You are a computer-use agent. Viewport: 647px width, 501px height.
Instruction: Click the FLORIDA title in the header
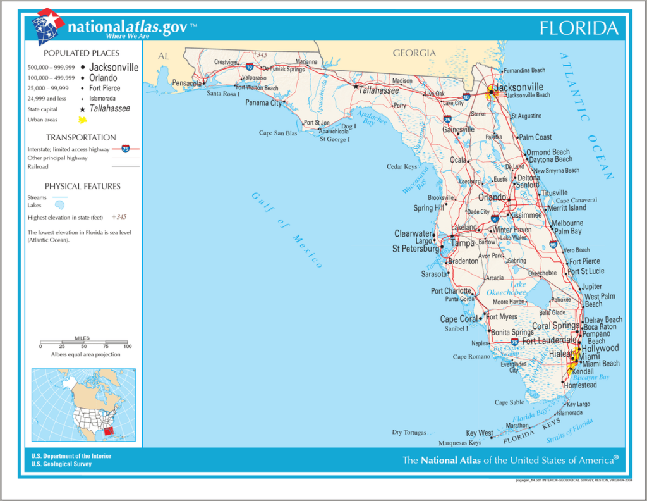578,28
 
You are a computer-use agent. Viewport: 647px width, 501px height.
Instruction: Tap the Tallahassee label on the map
382,90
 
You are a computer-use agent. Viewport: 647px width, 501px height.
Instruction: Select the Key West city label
479,433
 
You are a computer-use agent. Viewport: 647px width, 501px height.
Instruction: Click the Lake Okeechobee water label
506,289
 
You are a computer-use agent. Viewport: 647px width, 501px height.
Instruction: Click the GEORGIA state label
414,53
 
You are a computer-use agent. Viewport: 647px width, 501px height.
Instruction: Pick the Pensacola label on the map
186,83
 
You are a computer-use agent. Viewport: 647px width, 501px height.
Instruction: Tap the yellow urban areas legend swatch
82,120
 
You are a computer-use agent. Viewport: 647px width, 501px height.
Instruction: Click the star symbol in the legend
82,109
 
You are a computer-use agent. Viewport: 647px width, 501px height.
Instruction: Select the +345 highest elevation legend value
119,217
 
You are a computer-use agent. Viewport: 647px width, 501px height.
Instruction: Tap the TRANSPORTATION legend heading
81,137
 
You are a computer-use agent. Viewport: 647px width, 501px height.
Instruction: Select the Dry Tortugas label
409,433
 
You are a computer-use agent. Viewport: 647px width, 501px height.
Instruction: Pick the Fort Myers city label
502,317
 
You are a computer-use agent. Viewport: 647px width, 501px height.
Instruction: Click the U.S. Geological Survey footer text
61,464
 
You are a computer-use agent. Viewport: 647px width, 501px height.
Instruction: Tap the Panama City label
263,102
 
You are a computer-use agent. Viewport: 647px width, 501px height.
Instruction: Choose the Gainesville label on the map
458,130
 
